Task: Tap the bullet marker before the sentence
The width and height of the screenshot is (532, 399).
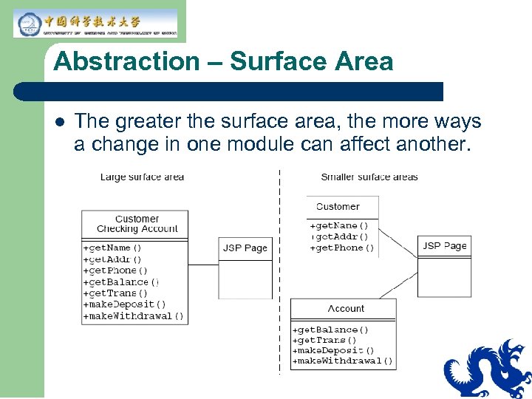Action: pos(59,121)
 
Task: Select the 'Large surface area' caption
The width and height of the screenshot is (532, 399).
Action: pos(142,177)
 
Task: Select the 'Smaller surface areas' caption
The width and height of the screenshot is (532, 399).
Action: pos(369,177)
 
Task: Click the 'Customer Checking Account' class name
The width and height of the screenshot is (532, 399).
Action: pos(137,224)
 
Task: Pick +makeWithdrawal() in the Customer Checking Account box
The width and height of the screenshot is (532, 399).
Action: pos(133,316)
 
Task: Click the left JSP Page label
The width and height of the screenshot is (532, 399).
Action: pos(245,248)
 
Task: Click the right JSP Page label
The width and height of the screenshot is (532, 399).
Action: pos(445,246)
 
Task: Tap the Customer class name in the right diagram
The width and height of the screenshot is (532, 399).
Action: pos(338,207)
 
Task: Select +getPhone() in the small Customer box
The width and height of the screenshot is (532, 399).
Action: pos(342,248)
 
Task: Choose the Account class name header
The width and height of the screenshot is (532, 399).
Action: pos(346,309)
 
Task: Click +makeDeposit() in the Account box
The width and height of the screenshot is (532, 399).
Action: pos(334,350)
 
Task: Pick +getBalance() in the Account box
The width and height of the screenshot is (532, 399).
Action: pos(330,330)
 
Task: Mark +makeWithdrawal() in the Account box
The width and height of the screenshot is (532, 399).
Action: pos(343,361)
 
